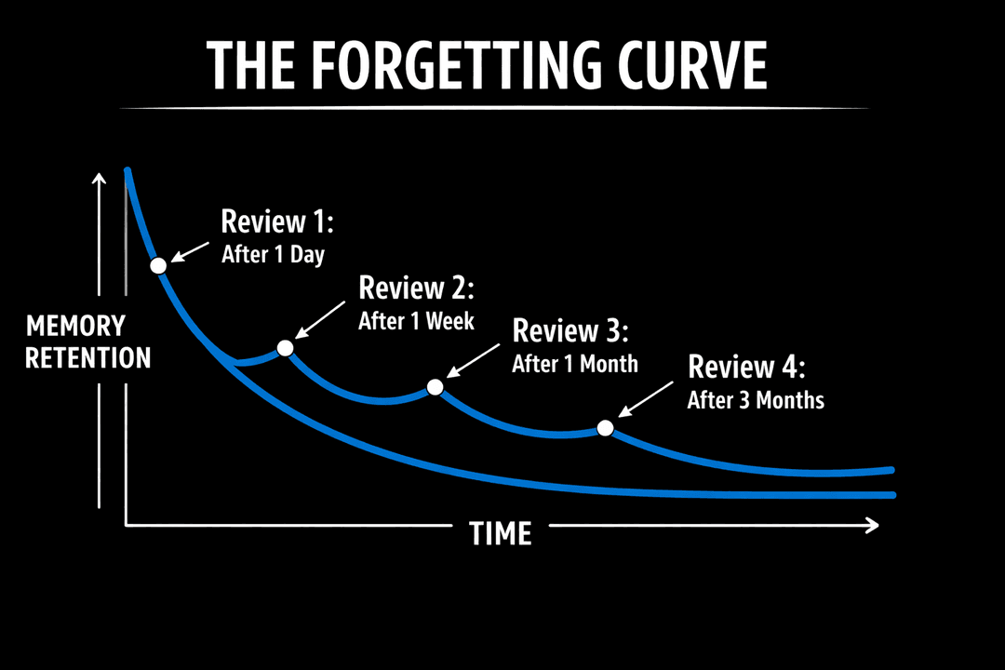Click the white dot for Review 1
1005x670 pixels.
tap(158, 265)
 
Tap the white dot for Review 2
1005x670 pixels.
tap(286, 348)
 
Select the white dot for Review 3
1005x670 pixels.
tap(435, 387)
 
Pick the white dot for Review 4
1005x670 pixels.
tap(605, 428)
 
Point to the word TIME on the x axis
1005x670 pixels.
tap(500, 533)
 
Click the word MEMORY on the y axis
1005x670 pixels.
tap(75, 327)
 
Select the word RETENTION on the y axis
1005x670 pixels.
tap(87, 357)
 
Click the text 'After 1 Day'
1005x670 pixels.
tap(273, 254)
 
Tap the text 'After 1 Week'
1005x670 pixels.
tap(416, 321)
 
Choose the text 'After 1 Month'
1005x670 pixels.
tap(574, 363)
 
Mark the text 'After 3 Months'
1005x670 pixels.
tap(756, 400)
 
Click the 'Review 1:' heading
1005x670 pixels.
tap(276, 221)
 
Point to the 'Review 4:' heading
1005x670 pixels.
tap(746, 367)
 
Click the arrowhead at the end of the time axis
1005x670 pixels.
tap(872, 526)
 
